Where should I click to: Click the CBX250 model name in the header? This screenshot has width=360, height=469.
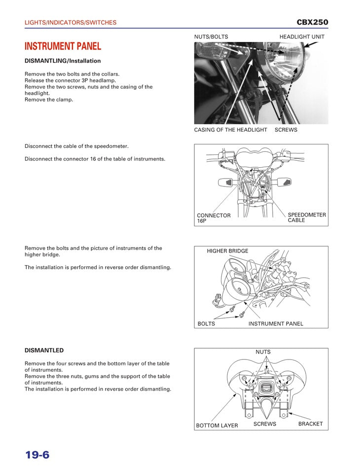point(312,22)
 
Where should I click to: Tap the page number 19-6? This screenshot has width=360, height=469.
point(38,455)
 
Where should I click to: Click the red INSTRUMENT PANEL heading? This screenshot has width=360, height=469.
point(63,46)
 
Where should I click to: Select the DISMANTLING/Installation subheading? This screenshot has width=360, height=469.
point(63,61)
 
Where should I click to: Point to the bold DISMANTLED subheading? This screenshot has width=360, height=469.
point(44,351)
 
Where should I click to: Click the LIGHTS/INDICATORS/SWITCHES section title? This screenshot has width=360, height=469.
point(71,23)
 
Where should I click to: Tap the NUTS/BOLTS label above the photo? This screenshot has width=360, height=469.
point(211,37)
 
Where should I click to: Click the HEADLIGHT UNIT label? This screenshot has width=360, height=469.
point(302,37)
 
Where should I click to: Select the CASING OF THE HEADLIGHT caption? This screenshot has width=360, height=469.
point(230,130)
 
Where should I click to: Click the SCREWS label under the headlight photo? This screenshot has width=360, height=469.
point(286,130)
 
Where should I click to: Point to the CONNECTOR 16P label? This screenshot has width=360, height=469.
point(214,218)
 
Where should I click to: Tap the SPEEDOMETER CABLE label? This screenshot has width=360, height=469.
point(307,217)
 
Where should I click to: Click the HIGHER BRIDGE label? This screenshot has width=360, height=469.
point(227,251)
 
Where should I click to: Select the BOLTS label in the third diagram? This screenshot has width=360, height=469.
point(206,324)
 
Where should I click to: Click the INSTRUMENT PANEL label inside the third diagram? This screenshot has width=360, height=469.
point(276,324)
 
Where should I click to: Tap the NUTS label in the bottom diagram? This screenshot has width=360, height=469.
point(263,352)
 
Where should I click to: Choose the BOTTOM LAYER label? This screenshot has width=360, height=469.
point(217,426)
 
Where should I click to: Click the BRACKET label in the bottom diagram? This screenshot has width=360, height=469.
point(310,424)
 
